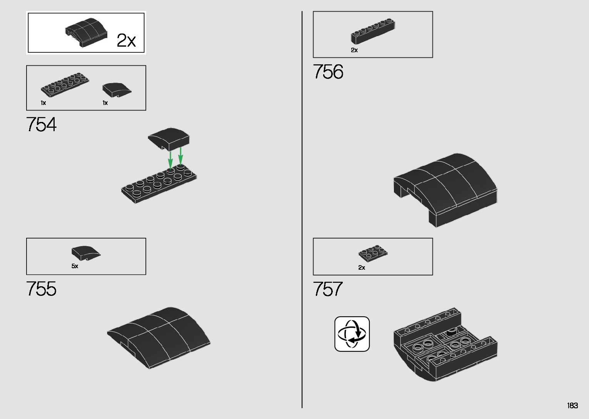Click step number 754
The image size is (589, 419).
[x=41, y=125]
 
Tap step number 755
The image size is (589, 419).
[x=41, y=289]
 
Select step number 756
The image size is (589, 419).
[x=328, y=72]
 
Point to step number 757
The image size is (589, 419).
[x=327, y=289]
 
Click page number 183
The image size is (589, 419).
[x=572, y=406]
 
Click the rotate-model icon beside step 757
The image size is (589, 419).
[x=352, y=334]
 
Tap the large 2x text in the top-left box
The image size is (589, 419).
[x=126, y=40]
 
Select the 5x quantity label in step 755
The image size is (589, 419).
[x=75, y=266]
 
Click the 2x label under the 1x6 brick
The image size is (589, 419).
[x=354, y=50]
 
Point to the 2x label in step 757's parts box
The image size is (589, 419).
[x=362, y=268]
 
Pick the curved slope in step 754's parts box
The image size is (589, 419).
[x=116, y=89]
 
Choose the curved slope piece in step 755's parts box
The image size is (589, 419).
[x=85, y=252]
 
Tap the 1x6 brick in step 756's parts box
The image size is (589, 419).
[x=373, y=30]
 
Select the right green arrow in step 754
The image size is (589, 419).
[x=180, y=155]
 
